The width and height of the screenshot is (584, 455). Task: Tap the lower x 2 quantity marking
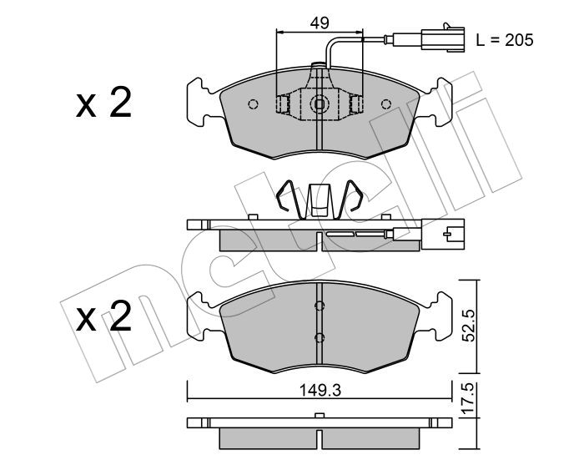click(103, 318)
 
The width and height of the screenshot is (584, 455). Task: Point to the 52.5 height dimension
click(472, 326)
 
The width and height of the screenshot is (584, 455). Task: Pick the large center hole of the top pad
click(320, 104)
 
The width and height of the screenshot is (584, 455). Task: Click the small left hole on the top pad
click(254, 104)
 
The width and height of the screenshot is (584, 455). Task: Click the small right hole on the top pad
click(385, 104)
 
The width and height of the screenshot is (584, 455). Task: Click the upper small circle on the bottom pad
click(320, 306)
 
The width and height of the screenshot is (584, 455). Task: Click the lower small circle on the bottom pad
click(320, 336)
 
